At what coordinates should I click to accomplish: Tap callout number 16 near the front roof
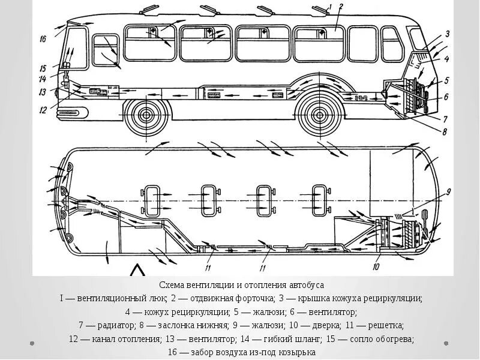pos(43,40)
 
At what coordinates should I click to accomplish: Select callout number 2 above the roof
pos(340,7)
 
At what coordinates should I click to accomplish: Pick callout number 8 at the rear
pos(445,133)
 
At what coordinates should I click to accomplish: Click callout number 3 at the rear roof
pos(448,34)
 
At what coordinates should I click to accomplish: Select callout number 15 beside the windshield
pos(43,67)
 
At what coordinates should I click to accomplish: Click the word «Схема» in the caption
pos(172,285)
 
